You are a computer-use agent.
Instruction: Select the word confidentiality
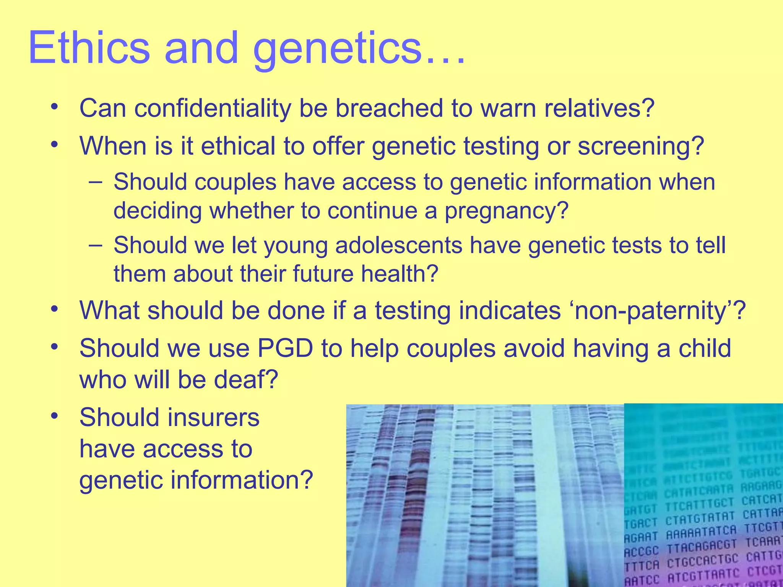tap(213, 109)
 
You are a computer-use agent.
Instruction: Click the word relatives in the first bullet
tap(599, 109)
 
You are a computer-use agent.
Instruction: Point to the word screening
tap(641, 147)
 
